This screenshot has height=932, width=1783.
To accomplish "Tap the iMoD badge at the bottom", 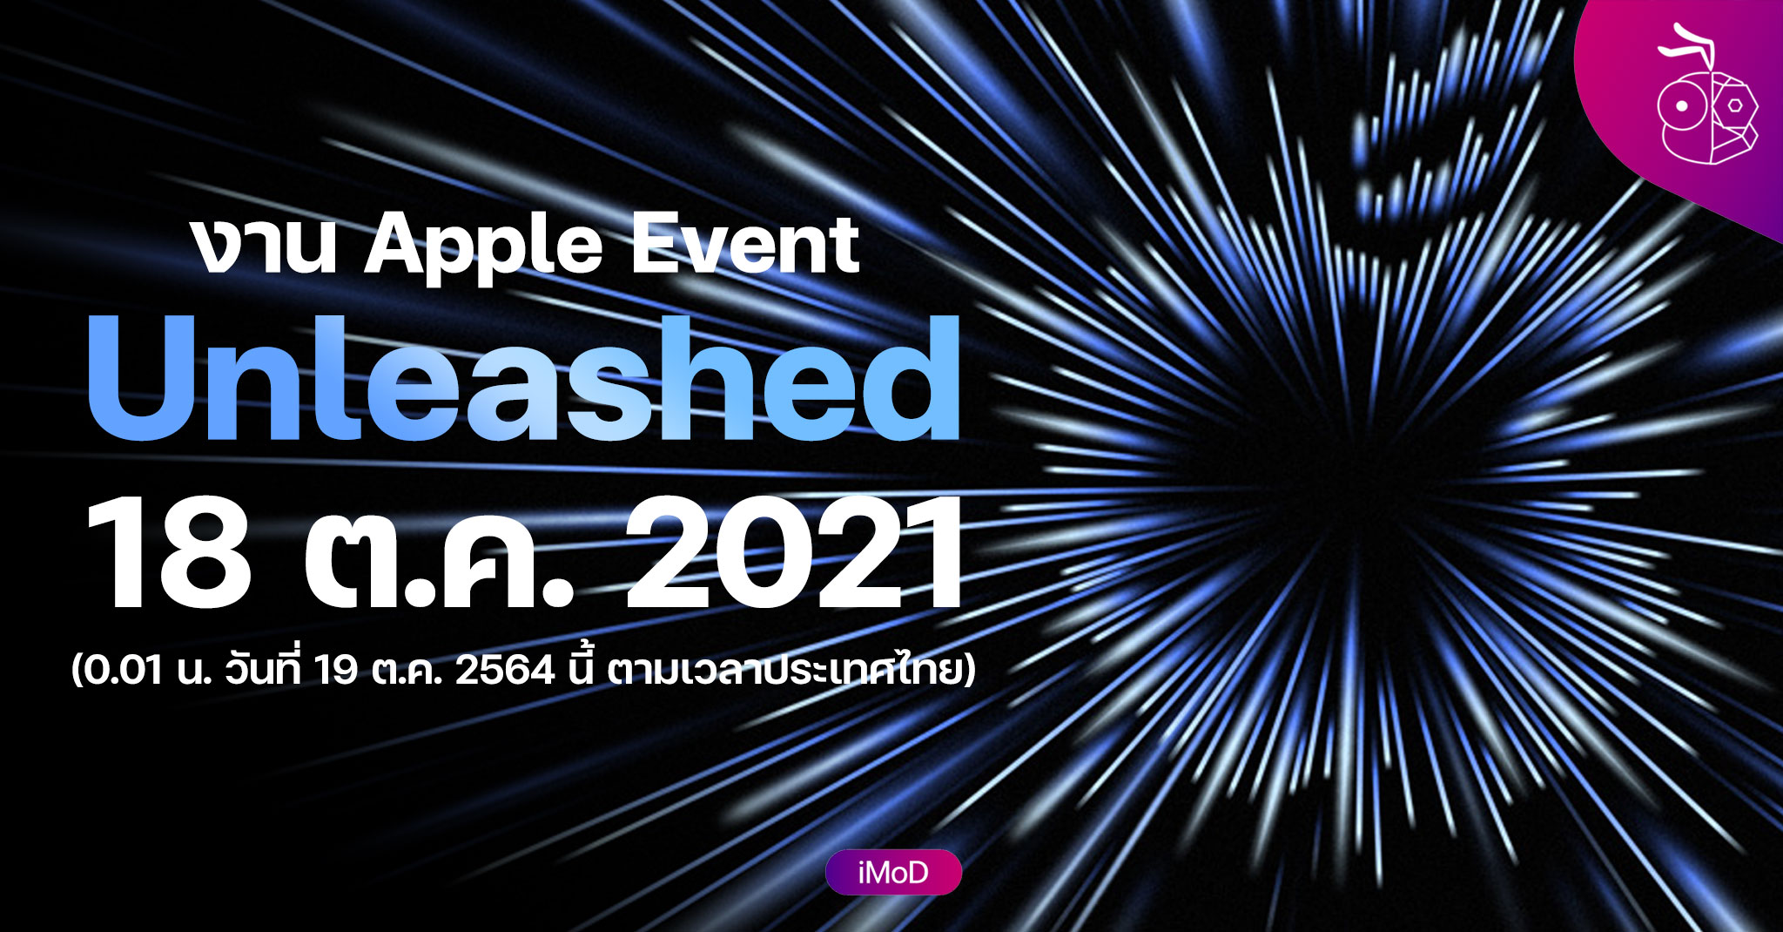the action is (893, 872).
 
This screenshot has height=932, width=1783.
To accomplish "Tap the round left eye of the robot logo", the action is (1684, 106).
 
